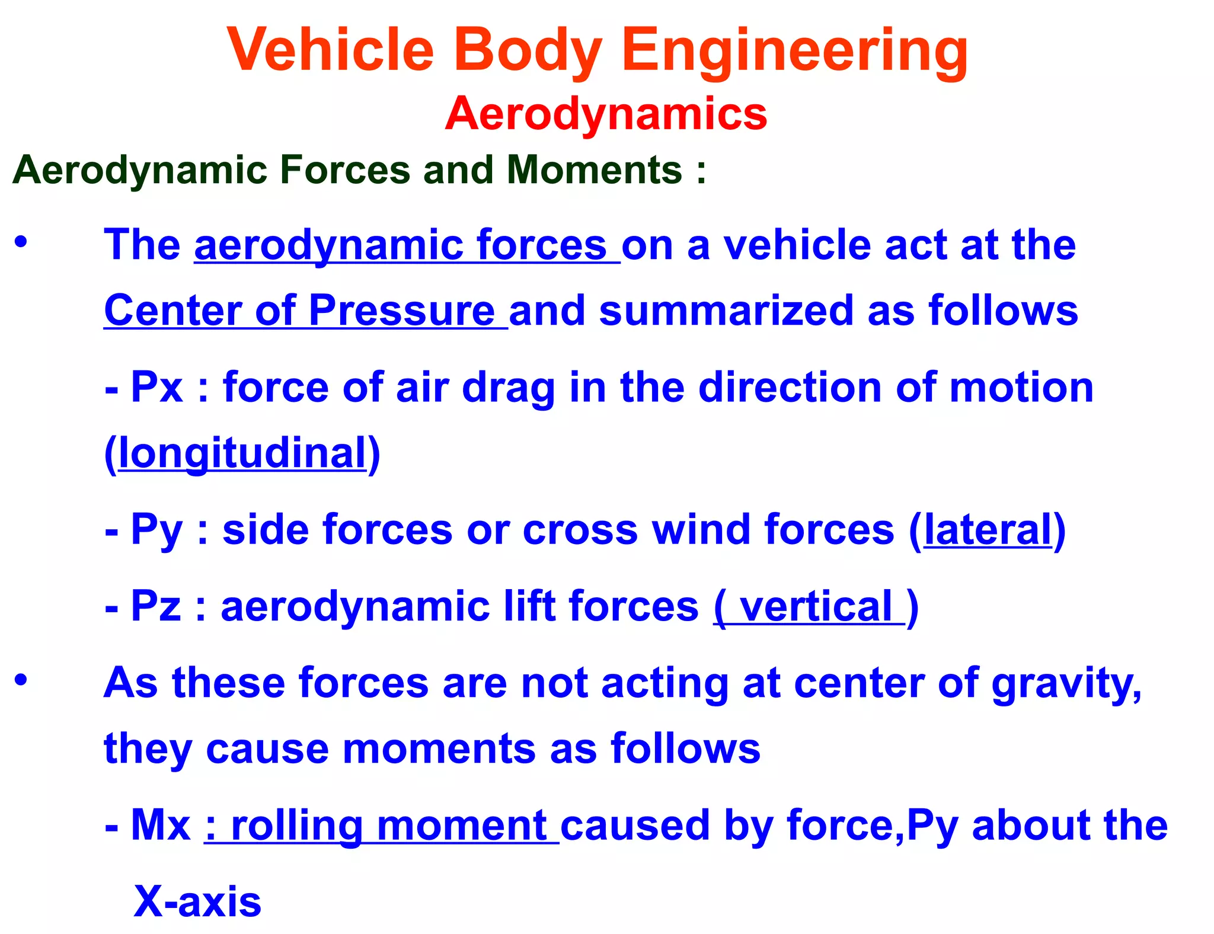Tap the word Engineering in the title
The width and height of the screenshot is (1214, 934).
[x=794, y=52]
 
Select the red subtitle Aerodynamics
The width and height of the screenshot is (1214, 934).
[x=606, y=114]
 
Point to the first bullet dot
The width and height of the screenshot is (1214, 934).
[x=21, y=242]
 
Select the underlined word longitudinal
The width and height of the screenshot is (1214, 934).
[x=242, y=453]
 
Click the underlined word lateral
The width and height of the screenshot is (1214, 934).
[x=988, y=530]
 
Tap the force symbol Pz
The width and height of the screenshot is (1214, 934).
[x=155, y=606]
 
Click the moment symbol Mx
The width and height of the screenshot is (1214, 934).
[x=160, y=825]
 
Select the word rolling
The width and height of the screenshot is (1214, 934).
[x=296, y=826]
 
